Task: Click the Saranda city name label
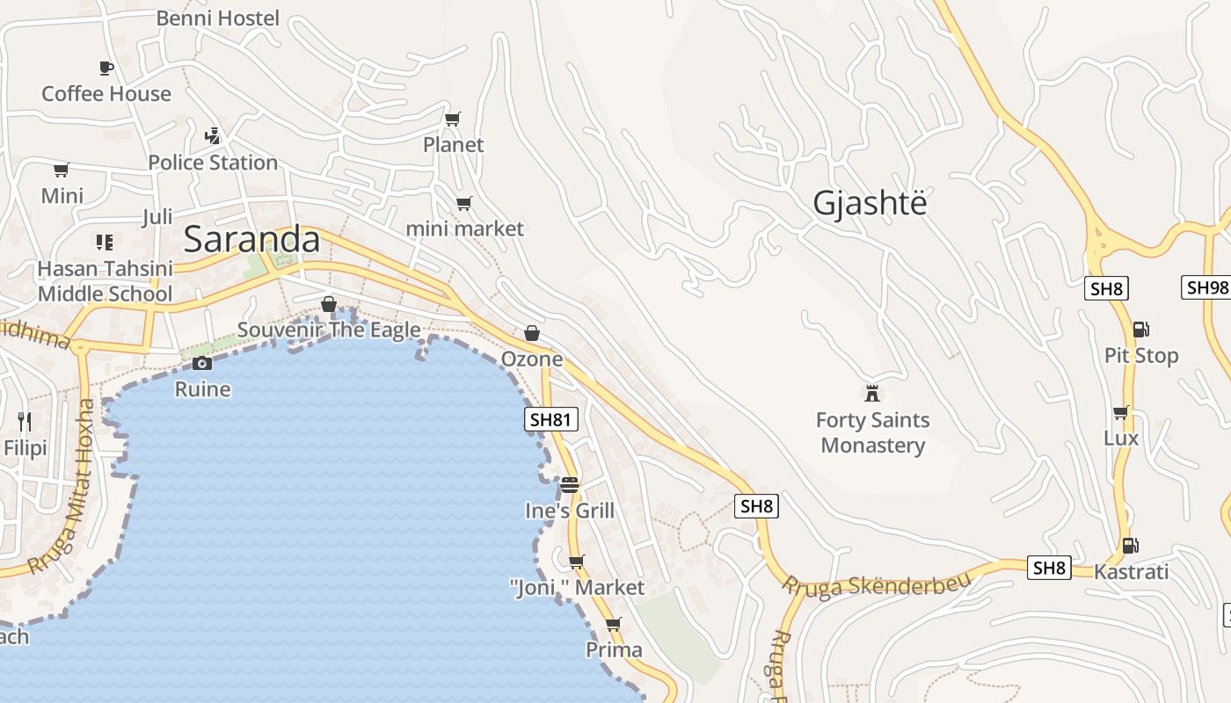[x=251, y=240]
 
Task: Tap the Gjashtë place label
[x=870, y=204]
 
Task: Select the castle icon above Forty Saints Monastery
[x=872, y=392]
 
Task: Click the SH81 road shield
[x=551, y=420]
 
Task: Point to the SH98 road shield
[x=1206, y=287]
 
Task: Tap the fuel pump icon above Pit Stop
[x=1140, y=330]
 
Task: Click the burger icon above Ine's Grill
[x=569, y=484]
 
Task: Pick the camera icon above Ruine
[x=202, y=363]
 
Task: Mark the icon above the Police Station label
[x=212, y=136]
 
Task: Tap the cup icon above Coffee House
[x=106, y=68]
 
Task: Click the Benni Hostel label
[x=217, y=18]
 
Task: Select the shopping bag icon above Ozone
[x=531, y=333]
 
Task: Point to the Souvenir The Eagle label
[x=329, y=330]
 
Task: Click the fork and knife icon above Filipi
[x=25, y=422]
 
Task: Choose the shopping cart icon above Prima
[x=613, y=624]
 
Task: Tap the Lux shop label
[x=1121, y=438]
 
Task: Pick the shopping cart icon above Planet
[x=453, y=119]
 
